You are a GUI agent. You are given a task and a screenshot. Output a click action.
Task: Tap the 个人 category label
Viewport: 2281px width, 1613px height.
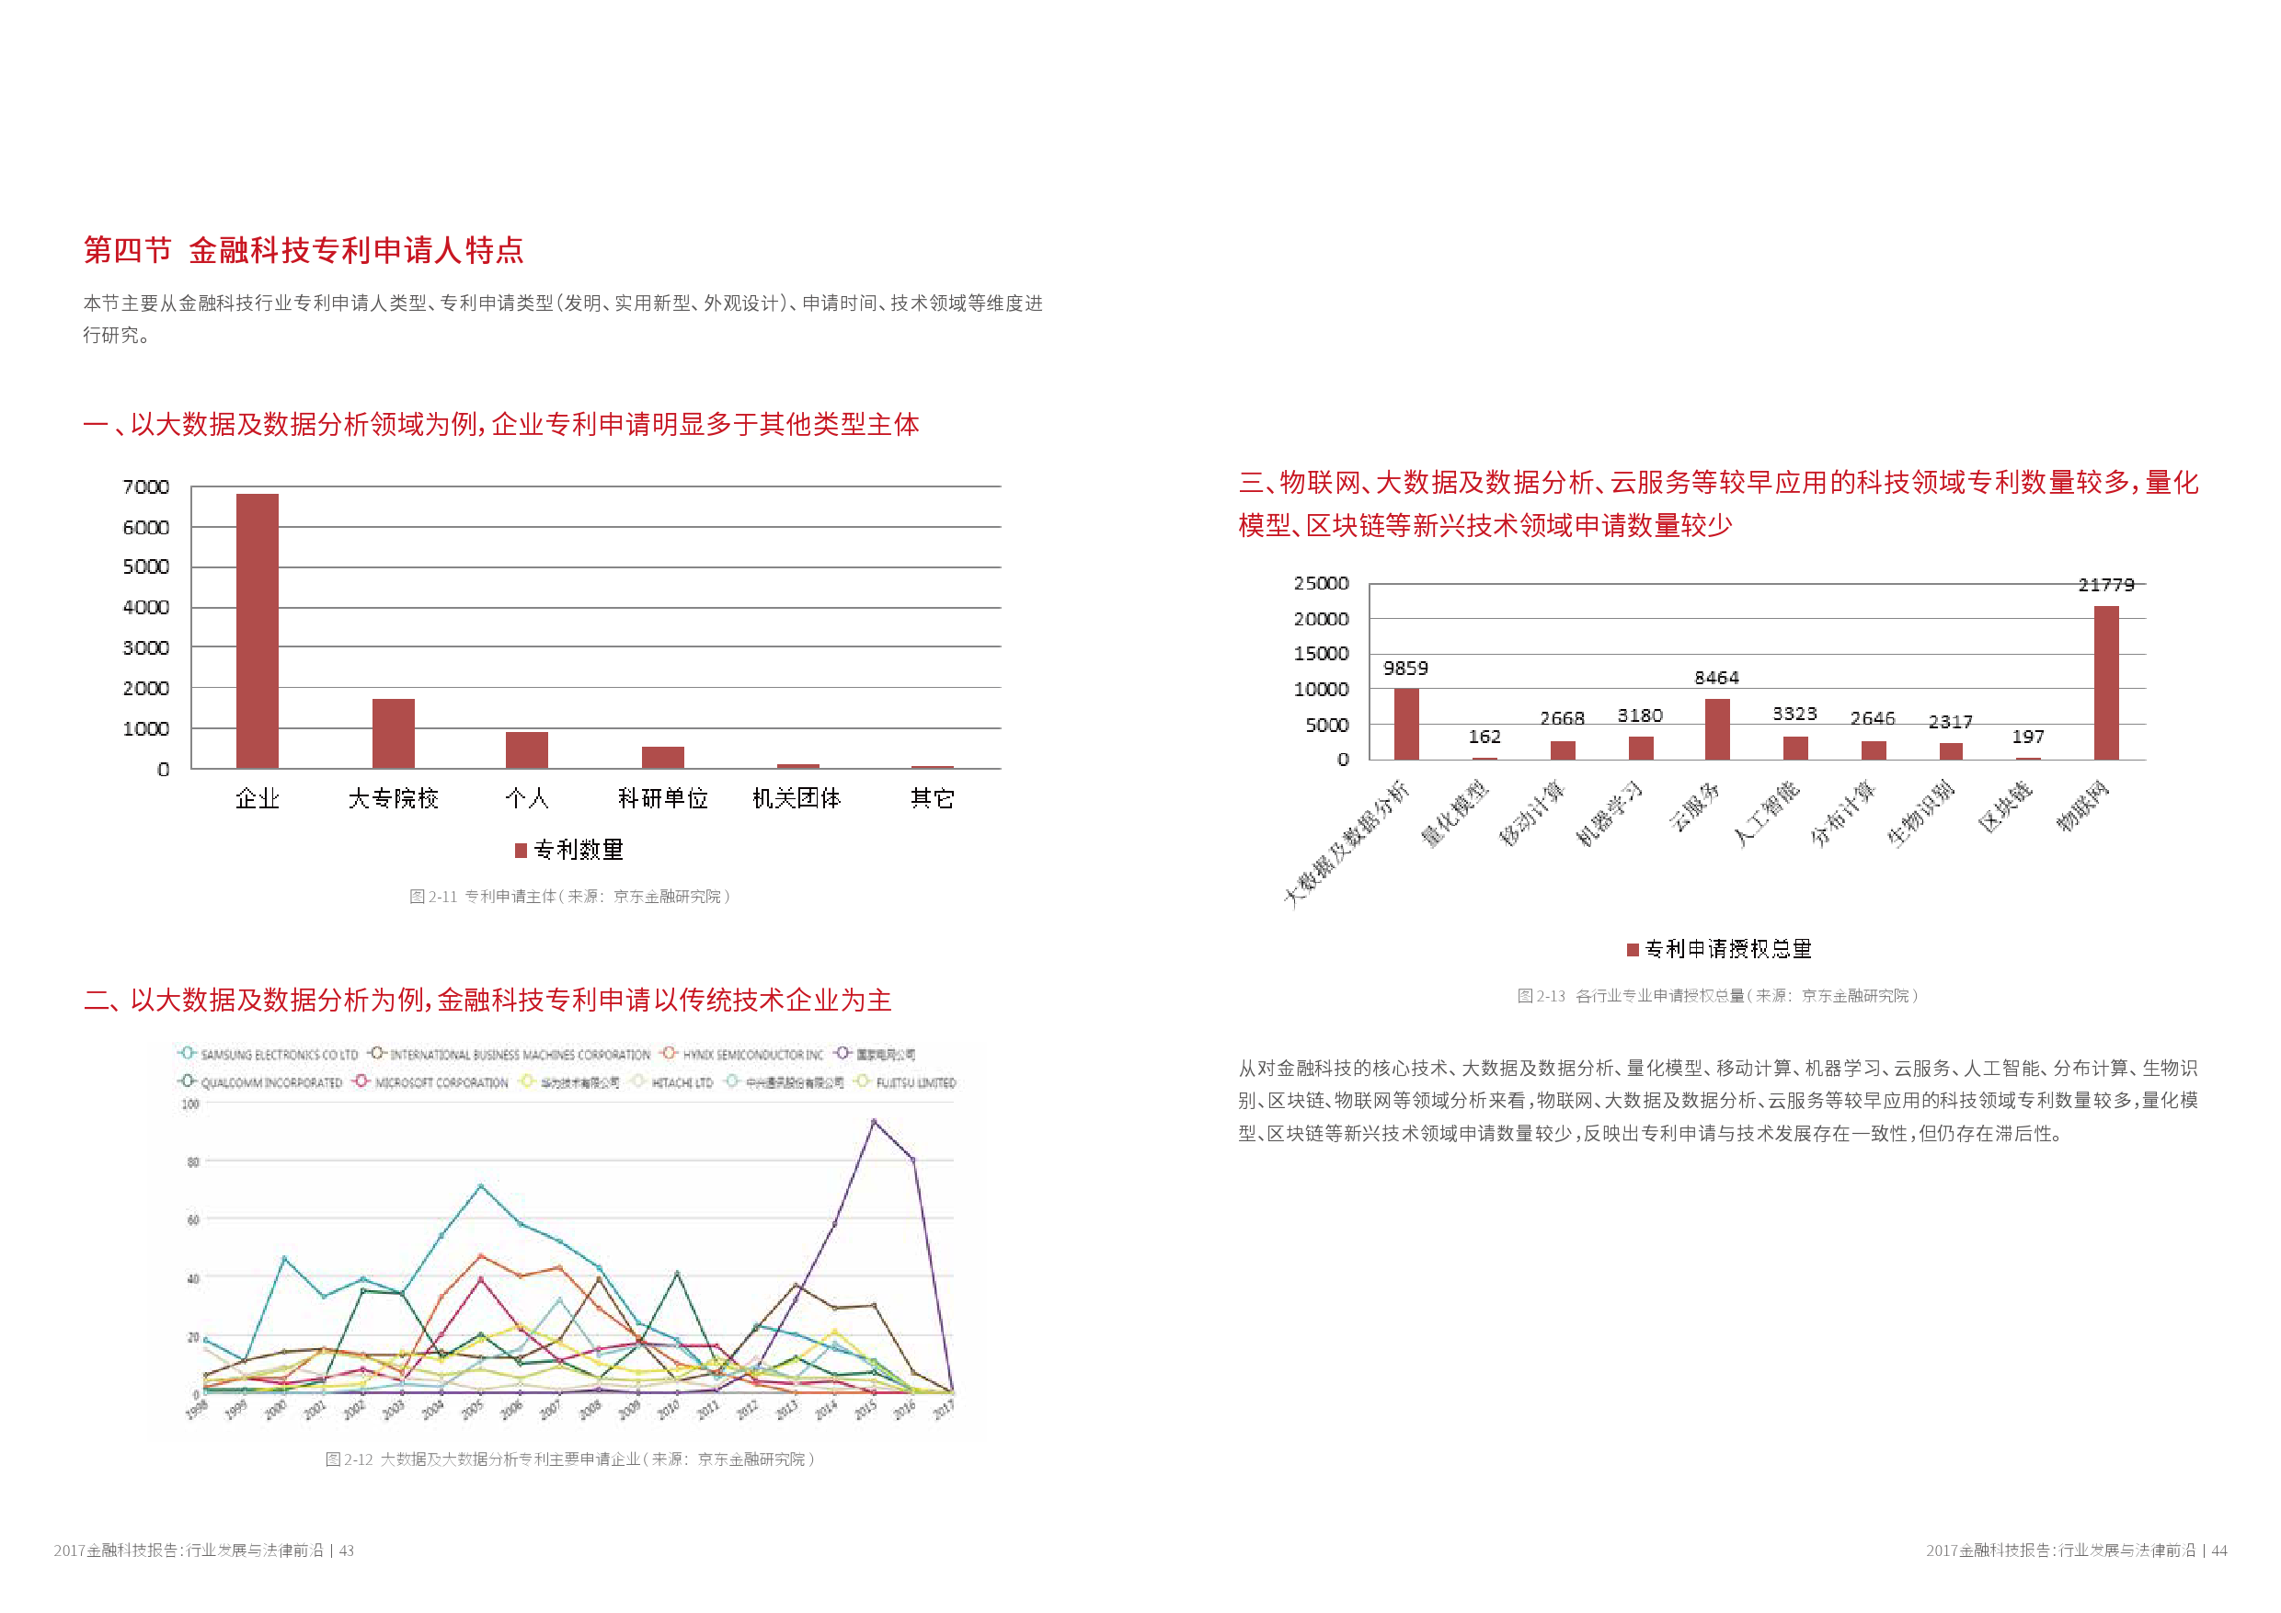click(x=526, y=798)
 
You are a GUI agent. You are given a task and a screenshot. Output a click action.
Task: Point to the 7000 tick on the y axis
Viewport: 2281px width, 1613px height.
click(x=146, y=486)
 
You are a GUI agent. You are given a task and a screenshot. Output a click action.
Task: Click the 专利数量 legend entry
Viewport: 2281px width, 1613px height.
click(x=569, y=851)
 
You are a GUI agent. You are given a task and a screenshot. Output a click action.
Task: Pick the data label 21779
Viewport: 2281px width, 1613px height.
click(x=2105, y=585)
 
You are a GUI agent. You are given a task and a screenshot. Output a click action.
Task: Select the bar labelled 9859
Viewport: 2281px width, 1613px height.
click(x=1405, y=724)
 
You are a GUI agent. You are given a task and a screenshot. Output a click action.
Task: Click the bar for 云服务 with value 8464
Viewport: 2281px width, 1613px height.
click(x=1716, y=729)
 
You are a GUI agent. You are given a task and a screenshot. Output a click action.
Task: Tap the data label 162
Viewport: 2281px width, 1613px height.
click(x=1484, y=737)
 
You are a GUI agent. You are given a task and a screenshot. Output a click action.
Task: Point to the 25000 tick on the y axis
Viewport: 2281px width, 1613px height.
click(x=1321, y=583)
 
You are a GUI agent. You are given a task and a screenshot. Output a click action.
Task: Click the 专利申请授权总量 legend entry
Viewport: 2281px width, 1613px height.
click(x=1720, y=950)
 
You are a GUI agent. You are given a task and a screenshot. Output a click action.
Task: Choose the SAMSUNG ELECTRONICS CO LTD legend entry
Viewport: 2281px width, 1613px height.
click(x=269, y=1055)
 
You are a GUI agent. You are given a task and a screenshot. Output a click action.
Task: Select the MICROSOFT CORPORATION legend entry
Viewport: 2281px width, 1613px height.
click(x=431, y=1082)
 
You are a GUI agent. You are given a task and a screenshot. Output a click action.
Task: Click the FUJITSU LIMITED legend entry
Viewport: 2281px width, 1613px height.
click(x=906, y=1082)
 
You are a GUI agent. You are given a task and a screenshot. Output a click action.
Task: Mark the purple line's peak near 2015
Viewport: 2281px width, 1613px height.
click(x=873, y=1122)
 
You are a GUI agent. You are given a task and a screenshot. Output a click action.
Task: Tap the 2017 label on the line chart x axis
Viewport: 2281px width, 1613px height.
click(x=943, y=1409)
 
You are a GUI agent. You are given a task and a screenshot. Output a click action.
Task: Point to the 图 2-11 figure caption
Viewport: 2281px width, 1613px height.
click(x=569, y=897)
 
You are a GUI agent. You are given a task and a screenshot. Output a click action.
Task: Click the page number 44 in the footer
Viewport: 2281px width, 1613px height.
click(x=2218, y=1550)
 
